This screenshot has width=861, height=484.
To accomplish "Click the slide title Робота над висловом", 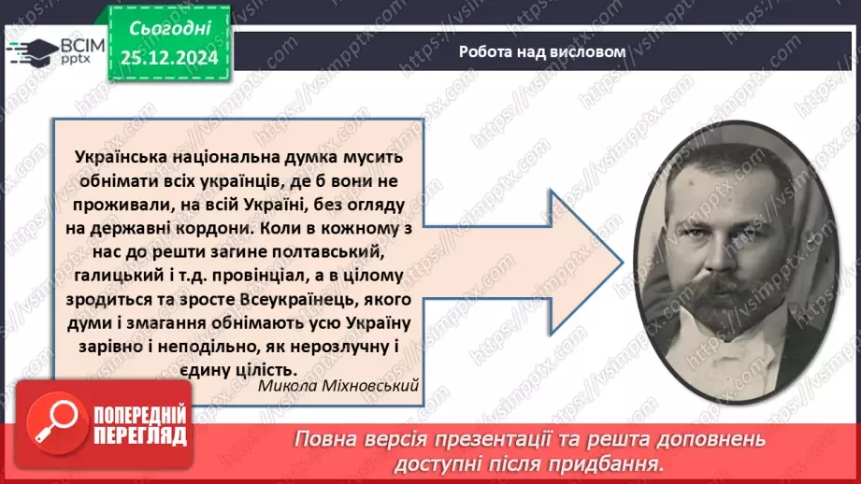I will tap(541, 51).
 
